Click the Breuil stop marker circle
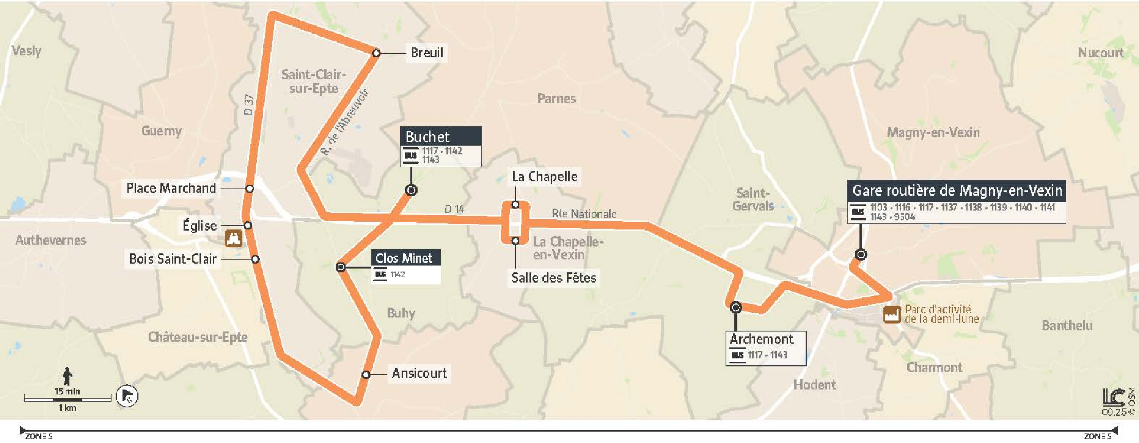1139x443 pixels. pos(376,53)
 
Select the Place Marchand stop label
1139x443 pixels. pos(171,188)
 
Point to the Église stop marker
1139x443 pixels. pos(248,226)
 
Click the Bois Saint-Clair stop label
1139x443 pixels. pos(172,259)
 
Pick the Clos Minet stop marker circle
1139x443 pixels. pos(341,267)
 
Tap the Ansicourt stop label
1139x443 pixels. pos(419,374)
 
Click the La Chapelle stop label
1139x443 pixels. pos(544,177)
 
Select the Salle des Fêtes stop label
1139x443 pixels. pos(553,278)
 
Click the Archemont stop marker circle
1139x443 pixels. pos(735,307)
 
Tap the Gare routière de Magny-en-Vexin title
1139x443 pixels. pos(957,191)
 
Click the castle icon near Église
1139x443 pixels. pos(234,238)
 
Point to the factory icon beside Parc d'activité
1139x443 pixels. pos(892,314)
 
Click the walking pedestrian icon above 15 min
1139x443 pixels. pos(67,376)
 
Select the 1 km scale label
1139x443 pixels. pos(67,408)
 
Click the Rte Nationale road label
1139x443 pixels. pos(583,214)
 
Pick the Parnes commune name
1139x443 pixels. pos(556,98)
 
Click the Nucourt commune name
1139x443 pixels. pos(1100,53)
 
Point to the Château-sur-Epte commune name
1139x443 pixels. pos(198,337)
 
